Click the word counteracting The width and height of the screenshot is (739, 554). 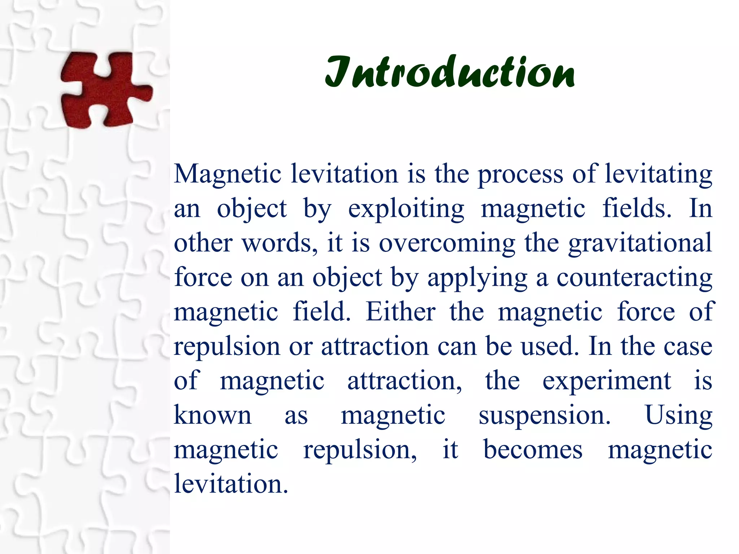click(x=634, y=278)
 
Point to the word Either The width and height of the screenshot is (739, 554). click(x=401, y=312)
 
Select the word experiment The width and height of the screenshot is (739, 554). click(x=607, y=382)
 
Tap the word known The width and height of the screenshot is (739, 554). click(x=213, y=415)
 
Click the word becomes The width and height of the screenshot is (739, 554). click(x=533, y=450)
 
